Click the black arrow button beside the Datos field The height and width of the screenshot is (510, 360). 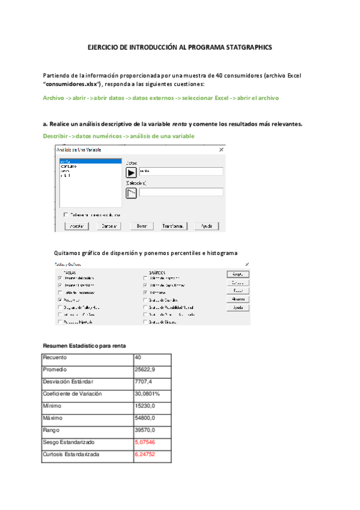click(x=132, y=171)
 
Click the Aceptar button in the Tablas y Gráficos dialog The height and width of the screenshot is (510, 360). click(x=238, y=274)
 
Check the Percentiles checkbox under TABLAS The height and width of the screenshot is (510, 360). click(x=60, y=299)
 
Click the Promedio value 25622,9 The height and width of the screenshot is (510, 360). click(x=146, y=369)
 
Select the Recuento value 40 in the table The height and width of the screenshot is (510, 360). click(x=139, y=357)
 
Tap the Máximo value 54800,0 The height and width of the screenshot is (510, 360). click(x=146, y=418)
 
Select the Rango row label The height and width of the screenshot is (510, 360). click(x=50, y=430)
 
